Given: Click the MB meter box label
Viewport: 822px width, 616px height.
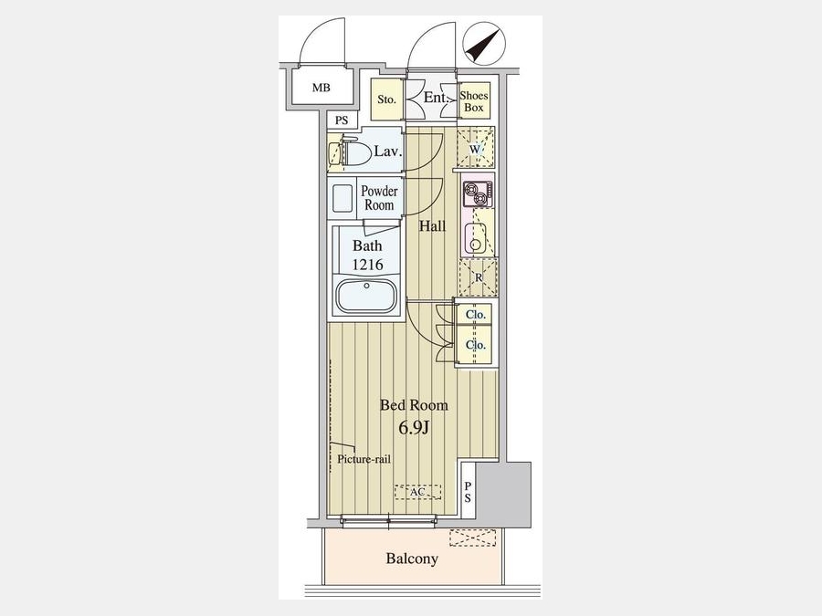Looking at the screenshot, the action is [x=321, y=88].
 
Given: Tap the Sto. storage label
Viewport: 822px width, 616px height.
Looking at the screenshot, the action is [x=387, y=99].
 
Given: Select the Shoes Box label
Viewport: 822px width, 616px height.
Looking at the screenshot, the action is [x=474, y=101].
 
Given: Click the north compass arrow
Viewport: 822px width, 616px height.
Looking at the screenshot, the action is [x=481, y=44].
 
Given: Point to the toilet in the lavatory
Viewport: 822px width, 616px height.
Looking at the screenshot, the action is [x=350, y=151].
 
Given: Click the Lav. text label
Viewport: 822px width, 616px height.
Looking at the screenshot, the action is [x=388, y=151].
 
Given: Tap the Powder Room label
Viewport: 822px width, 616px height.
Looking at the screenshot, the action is [x=379, y=197].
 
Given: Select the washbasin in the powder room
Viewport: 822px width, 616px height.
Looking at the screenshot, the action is [x=342, y=197].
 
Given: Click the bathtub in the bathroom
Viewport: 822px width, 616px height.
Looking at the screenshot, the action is [x=366, y=296].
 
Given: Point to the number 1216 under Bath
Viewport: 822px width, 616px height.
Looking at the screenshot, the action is [x=367, y=265].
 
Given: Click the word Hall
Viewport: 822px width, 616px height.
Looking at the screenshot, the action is [x=433, y=226].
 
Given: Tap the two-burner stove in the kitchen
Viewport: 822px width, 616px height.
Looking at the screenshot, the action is [x=478, y=193].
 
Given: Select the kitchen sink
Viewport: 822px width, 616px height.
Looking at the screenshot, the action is [x=476, y=238].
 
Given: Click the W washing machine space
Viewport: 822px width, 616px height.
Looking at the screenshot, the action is [x=476, y=149].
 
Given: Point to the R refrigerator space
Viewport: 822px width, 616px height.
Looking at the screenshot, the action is [x=478, y=277].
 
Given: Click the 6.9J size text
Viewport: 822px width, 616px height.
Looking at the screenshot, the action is [x=414, y=428].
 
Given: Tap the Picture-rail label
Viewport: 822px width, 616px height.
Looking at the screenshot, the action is [x=364, y=459].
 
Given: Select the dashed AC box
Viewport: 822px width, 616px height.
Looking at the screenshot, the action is [x=417, y=493].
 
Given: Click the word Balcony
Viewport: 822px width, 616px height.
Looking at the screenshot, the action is [x=412, y=559].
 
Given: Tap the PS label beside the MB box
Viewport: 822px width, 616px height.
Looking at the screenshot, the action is [x=342, y=120].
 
